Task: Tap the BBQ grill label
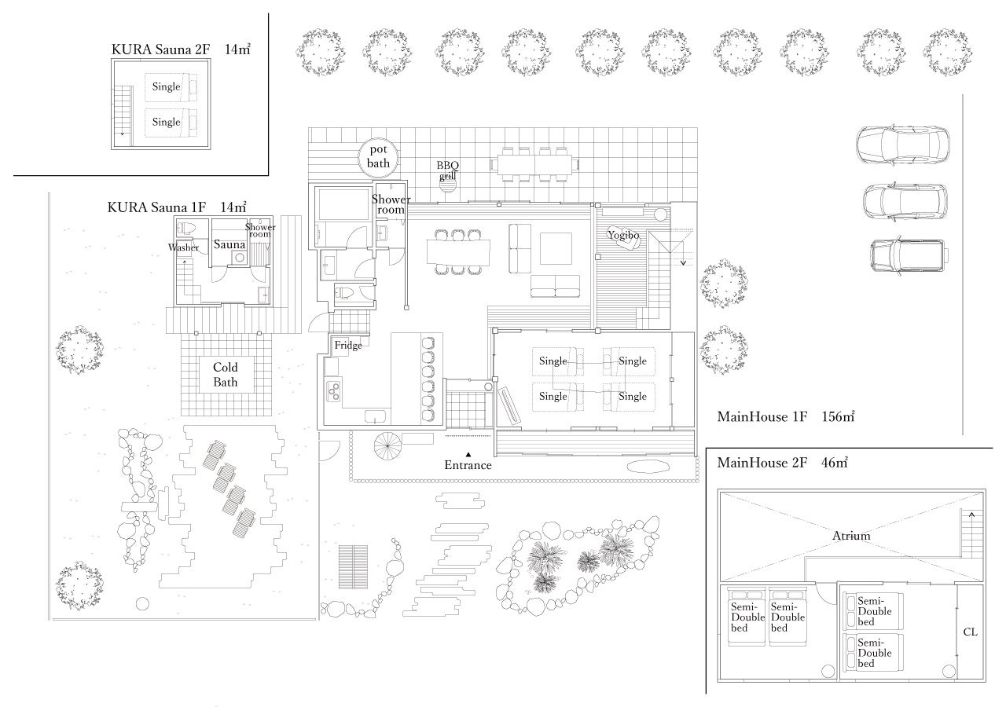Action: (x=448, y=170)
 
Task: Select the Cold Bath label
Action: (x=226, y=375)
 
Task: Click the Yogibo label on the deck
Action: (x=623, y=235)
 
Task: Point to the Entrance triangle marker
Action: (x=468, y=454)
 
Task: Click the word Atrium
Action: (x=851, y=536)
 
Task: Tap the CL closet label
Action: (x=970, y=632)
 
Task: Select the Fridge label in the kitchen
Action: (x=348, y=345)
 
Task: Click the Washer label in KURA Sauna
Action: (x=183, y=247)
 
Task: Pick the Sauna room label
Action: (x=229, y=244)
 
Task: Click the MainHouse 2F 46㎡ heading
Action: (x=782, y=463)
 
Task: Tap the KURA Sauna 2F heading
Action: (x=181, y=49)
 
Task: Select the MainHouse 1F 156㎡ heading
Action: (x=786, y=416)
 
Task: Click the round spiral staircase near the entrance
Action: (x=387, y=445)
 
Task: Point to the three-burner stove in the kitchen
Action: (x=333, y=391)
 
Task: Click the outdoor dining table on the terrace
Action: (x=534, y=165)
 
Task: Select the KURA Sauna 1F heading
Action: (x=177, y=207)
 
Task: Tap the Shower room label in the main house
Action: (x=391, y=204)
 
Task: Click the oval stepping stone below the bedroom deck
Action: (x=648, y=467)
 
